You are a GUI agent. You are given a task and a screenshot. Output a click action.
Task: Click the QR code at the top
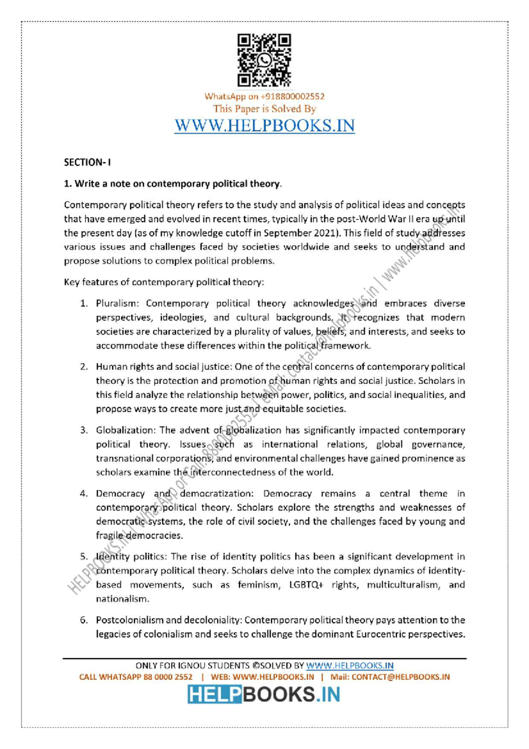point(264,60)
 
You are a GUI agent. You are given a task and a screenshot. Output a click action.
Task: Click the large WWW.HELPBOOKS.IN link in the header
point(264,126)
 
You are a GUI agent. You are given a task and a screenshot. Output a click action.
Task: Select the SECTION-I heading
point(87,162)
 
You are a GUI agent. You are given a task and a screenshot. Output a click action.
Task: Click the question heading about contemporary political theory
point(172,184)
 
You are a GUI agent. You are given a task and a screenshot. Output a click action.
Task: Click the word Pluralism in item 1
point(117,303)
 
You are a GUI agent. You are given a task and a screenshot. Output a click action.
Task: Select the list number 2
point(84,367)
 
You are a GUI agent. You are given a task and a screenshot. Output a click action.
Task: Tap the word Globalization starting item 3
point(125,431)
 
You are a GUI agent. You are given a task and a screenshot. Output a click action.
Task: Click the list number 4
point(84,494)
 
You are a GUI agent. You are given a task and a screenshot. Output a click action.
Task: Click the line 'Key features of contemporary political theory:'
point(164,282)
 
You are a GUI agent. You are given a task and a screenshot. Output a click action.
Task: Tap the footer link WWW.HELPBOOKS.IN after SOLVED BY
point(350,666)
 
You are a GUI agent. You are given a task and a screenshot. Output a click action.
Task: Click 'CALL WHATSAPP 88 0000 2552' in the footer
point(136,677)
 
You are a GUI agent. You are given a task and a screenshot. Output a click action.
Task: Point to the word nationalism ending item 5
point(123,599)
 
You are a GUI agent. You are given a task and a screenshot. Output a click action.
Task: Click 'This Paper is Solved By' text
point(264,109)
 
